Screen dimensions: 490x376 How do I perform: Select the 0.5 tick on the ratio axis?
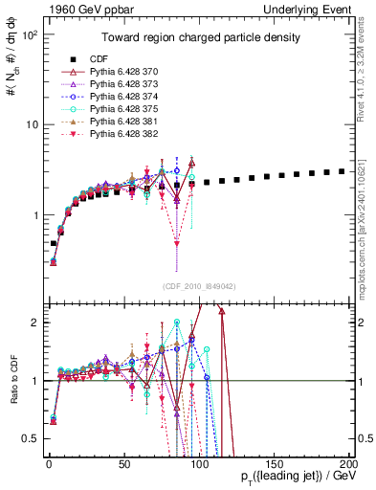pyautogui.click(x=30, y=438)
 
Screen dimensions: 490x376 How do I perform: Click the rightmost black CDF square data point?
pyautogui.click(x=342, y=171)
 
